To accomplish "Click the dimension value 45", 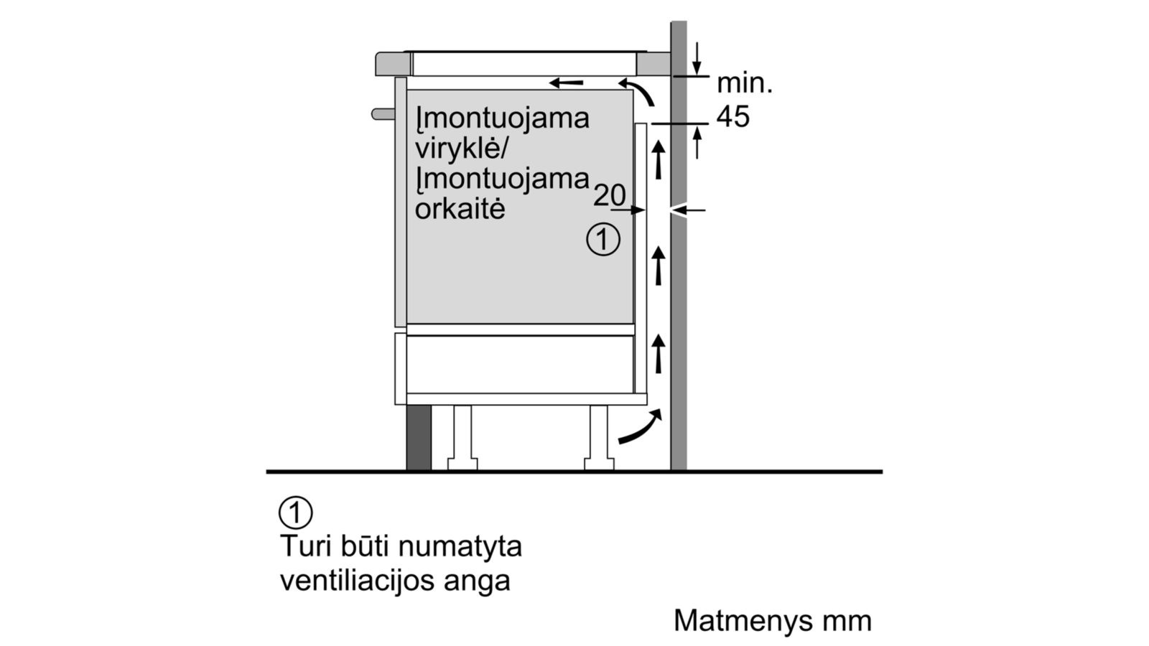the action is pyautogui.click(x=732, y=117).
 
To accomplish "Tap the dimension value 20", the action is pyautogui.click(x=610, y=195).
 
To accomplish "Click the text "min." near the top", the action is pyautogui.click(x=744, y=83).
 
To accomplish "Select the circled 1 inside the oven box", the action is pyautogui.click(x=603, y=240).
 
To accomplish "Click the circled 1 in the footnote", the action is pyautogui.click(x=295, y=512).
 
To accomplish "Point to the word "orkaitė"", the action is pyautogui.click(x=460, y=209).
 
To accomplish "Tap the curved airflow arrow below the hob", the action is pyautogui.click(x=638, y=90).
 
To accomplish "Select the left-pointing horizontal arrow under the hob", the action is pyautogui.click(x=566, y=83).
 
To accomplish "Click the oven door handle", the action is pyautogui.click(x=383, y=114).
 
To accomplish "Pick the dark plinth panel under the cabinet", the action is pyautogui.click(x=419, y=438).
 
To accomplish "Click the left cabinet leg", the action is pyautogui.click(x=462, y=438).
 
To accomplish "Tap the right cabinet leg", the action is pyautogui.click(x=599, y=438).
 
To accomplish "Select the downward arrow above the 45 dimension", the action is pyautogui.click(x=696, y=59).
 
